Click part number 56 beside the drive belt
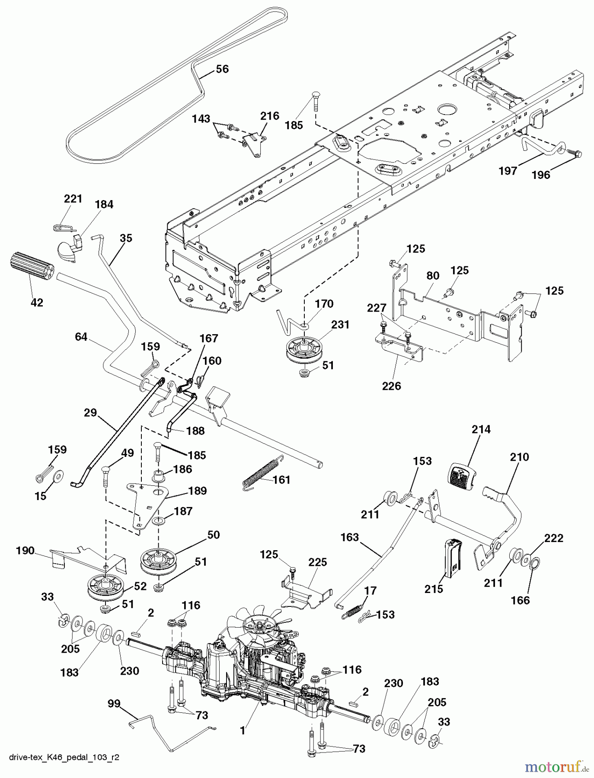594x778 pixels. pos(222,69)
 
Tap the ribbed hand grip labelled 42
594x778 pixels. pos(30,268)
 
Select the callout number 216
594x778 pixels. pos(269,116)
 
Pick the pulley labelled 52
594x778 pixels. pos(105,587)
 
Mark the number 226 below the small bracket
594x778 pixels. pos(391,386)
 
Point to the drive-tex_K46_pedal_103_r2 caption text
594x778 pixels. pos(64,757)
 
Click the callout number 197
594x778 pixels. pos(508,171)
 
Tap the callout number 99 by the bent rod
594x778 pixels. pos(114,704)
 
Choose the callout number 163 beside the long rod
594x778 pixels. pos(349,537)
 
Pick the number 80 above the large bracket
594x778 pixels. pos(433,276)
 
